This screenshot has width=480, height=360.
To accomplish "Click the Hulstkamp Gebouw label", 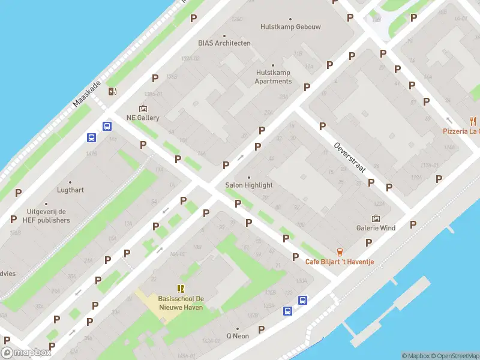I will [x=282, y=27].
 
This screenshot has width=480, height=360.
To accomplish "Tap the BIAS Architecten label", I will [x=224, y=43].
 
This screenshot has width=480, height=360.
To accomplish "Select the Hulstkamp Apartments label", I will [x=273, y=77].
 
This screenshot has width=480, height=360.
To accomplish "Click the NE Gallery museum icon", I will [x=143, y=108].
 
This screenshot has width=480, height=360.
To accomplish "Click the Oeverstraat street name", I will [x=350, y=157].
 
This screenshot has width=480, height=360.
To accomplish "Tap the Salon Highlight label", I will [x=248, y=185].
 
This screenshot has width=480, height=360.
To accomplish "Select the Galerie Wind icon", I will [x=376, y=218].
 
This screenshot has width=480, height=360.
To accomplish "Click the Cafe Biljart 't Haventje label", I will [x=340, y=262].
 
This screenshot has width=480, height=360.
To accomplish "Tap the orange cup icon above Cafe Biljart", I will [x=340, y=251].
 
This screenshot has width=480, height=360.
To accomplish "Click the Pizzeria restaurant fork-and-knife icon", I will [x=473, y=121].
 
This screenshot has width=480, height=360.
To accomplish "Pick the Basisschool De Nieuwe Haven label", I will [x=180, y=303].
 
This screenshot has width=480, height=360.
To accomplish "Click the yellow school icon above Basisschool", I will [x=180, y=289].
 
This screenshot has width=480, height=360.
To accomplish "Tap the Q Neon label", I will [x=237, y=336].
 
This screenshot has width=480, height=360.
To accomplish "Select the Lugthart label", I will [x=70, y=190].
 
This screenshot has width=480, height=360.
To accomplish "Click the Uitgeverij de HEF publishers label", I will [x=48, y=216].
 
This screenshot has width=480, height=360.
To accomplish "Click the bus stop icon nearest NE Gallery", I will [x=107, y=126].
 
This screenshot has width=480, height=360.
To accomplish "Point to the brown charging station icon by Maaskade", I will [x=112, y=91].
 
